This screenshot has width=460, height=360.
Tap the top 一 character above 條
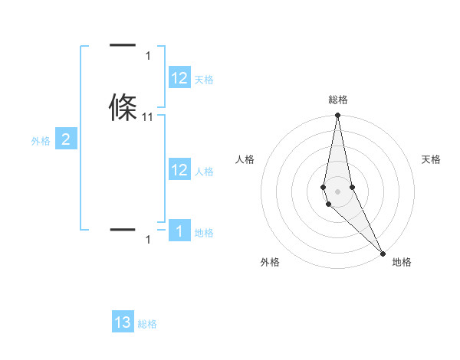pyautogui.click(x=123, y=46)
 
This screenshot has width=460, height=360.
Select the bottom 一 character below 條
pyautogui.click(x=123, y=229)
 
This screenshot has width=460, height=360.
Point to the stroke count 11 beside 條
pyautogui.click(x=148, y=117)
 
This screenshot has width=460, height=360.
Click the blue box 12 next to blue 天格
pyautogui.click(x=179, y=78)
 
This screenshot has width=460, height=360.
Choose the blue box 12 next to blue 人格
pyautogui.click(x=179, y=170)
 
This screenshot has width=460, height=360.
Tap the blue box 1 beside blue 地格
pyautogui.click(x=179, y=231)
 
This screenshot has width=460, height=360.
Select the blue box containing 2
pyautogui.click(x=66, y=139)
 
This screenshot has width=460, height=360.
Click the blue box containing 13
pyautogui.click(x=123, y=322)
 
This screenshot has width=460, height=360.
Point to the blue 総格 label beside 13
pyautogui.click(x=147, y=324)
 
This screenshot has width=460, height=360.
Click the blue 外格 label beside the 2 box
pyautogui.click(x=41, y=141)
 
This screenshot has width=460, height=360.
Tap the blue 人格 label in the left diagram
pyautogui.click(x=204, y=172)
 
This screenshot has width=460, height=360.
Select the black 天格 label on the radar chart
pyautogui.click(x=432, y=159)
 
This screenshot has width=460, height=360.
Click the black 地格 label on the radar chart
pyautogui.click(x=402, y=262)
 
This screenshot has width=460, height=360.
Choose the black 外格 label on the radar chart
pyautogui.click(x=270, y=262)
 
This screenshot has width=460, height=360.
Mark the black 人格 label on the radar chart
pyautogui.click(x=245, y=159)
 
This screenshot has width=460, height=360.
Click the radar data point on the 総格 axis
pyautogui.click(x=337, y=116)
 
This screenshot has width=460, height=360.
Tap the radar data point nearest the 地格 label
pyautogui.click(x=383, y=252)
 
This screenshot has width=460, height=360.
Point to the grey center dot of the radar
pyautogui.click(x=337, y=191)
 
